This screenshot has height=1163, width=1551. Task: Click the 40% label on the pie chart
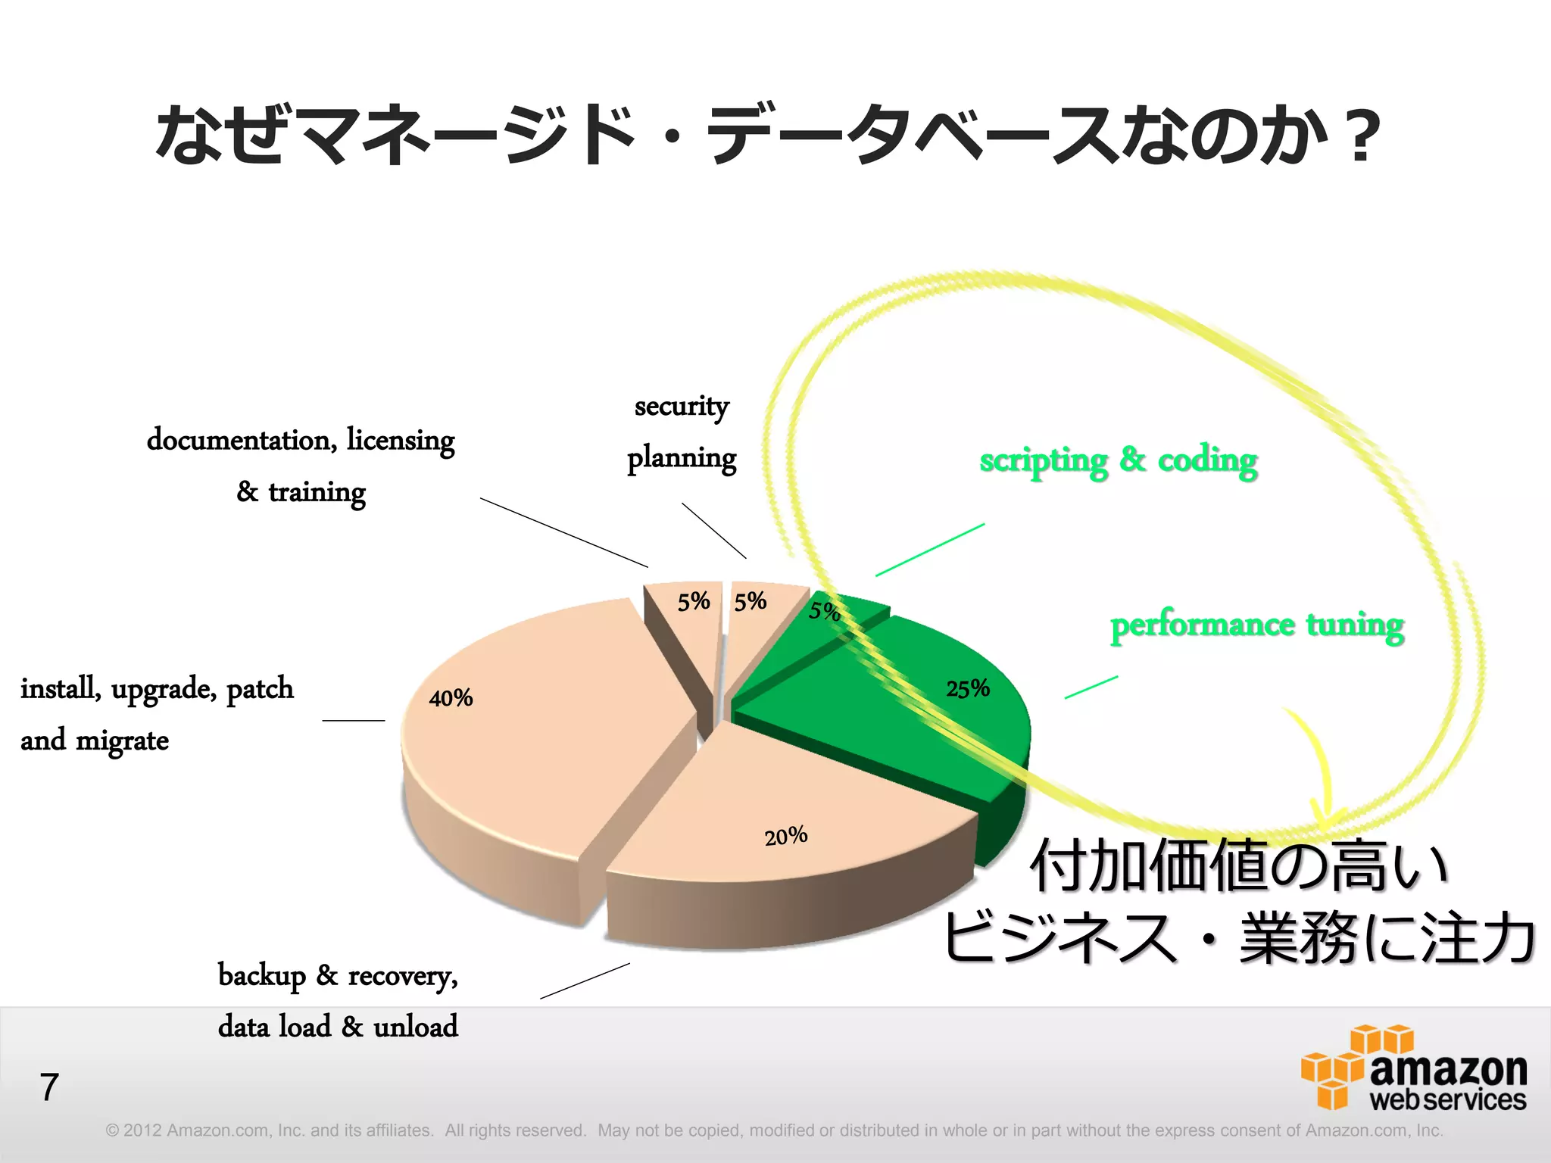point(451,697)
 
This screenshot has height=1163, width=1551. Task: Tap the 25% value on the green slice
point(967,689)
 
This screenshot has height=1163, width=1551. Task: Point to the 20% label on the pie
point(785,837)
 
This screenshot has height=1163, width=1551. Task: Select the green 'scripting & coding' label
point(1118,460)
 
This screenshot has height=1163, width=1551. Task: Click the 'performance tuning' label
point(1256,625)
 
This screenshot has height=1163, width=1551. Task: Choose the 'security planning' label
point(682,432)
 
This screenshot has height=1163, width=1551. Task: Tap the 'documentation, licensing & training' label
point(301,465)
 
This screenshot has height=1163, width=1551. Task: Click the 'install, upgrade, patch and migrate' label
point(157,714)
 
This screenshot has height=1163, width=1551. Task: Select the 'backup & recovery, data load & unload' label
point(338,1000)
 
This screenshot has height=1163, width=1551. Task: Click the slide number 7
point(49,1087)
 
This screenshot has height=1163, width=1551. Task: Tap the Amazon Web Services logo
point(1413,1068)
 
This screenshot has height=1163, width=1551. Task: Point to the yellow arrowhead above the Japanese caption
point(1325,818)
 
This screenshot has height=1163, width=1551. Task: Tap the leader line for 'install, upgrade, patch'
point(353,720)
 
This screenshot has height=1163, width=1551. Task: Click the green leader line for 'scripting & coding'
point(930,550)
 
